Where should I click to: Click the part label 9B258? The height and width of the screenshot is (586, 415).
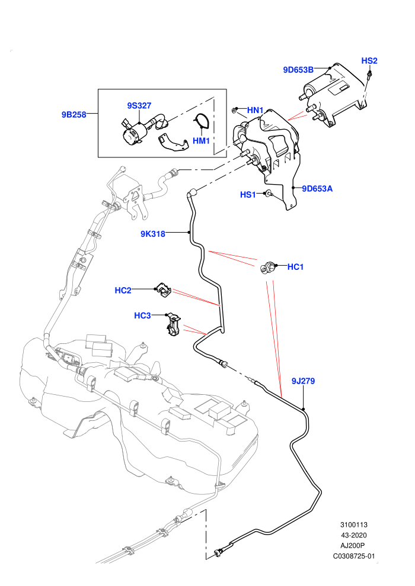tap(74, 115)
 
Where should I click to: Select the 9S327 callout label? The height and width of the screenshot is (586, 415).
tap(139, 106)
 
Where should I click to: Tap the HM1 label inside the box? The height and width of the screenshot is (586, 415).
tap(201, 141)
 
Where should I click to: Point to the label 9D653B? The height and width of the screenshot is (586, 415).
tap(298, 70)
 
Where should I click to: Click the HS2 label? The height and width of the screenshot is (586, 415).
tap(369, 60)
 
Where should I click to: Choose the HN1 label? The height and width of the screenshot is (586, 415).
tap(255, 110)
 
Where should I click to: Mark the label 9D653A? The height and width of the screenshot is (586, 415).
tap(317, 189)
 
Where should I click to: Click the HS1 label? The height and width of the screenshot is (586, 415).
tap(248, 195)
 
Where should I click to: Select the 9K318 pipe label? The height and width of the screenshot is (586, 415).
tap(153, 234)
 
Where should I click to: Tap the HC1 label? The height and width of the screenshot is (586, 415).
tap(295, 267)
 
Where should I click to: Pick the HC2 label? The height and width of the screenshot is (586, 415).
tap(123, 291)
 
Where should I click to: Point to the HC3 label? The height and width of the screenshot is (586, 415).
tap(142, 316)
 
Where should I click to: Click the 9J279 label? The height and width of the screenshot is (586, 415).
tap(303, 381)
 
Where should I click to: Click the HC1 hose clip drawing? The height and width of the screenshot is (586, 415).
tap(267, 268)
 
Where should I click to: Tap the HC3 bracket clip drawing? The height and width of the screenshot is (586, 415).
tap(173, 324)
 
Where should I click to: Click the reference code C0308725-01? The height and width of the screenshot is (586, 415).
tap(353, 556)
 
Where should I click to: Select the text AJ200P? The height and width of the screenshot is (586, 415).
tap(352, 546)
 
